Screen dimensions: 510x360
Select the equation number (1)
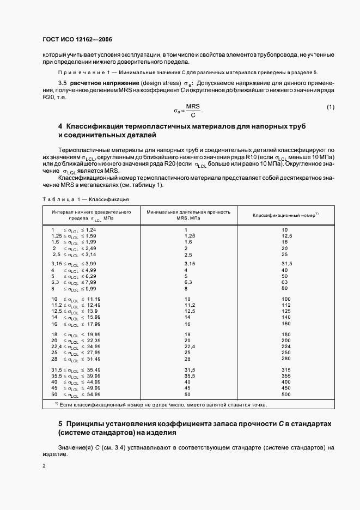331,107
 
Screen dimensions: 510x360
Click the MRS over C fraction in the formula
193,111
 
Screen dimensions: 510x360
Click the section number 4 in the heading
60,126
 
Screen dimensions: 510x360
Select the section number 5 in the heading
60,423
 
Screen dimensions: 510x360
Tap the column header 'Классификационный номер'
285,215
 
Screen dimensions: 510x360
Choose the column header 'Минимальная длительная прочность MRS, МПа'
188,215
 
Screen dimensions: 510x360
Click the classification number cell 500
286,394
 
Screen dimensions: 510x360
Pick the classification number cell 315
286,370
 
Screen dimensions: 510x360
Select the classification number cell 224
286,346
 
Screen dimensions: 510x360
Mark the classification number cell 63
284,282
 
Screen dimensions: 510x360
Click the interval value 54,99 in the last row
94,394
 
